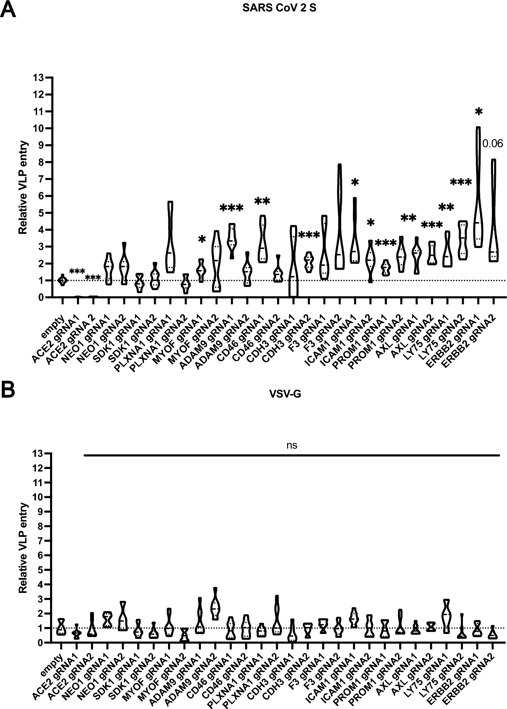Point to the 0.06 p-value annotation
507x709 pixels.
coord(492,144)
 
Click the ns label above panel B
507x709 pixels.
coord(292,445)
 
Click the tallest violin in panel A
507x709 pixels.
coord(478,186)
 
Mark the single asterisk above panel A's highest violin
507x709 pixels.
coord(478,112)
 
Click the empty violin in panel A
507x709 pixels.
coord(63,280)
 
